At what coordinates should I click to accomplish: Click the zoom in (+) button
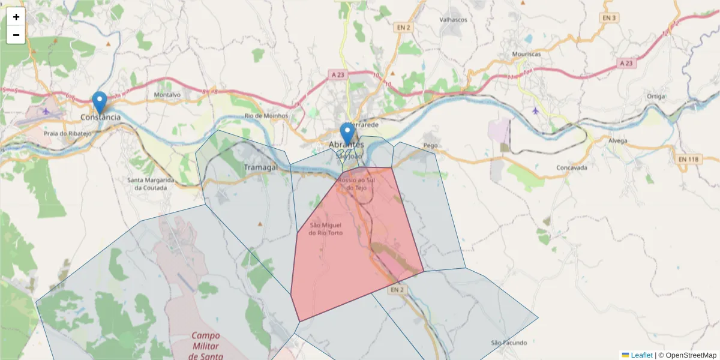[16, 17]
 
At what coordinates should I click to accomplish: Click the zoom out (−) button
[16, 35]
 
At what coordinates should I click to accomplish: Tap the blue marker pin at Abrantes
[347, 134]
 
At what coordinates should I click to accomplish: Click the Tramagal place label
[261, 167]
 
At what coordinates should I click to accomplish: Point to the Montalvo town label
[167, 95]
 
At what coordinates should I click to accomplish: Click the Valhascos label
[453, 20]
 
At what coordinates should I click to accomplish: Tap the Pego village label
[430, 146]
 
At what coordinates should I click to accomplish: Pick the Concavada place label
[572, 168]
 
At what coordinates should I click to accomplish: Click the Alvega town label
[617, 141]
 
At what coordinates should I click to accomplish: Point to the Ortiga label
[656, 96]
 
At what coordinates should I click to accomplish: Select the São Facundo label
[509, 343]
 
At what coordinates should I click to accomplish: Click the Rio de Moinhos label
[266, 116]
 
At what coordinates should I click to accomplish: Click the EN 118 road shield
[689, 159]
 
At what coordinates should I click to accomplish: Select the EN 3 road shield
[610, 18]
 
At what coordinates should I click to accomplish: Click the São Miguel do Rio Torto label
[326, 229]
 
